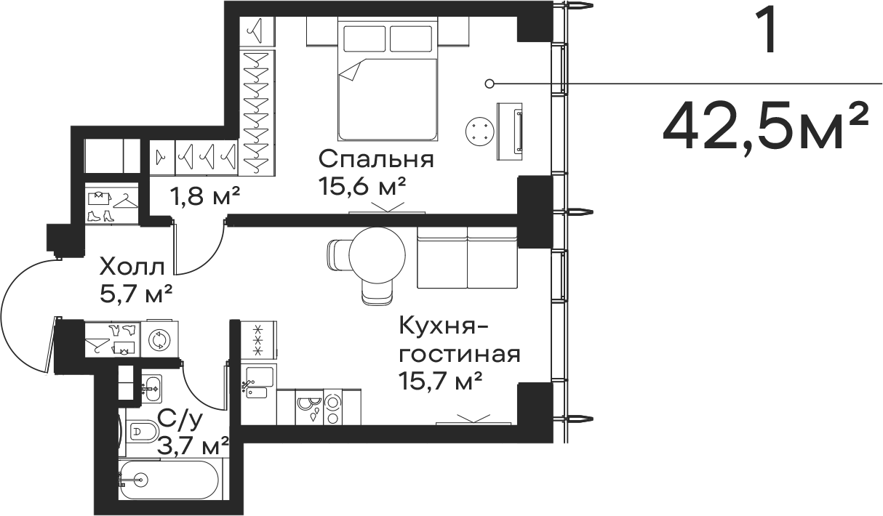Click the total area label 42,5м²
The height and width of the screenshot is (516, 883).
[765, 126]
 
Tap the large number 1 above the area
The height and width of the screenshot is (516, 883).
[767, 31]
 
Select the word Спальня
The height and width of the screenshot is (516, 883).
[376, 158]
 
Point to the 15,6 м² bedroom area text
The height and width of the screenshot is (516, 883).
[361, 187]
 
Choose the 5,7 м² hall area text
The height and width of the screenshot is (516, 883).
[136, 294]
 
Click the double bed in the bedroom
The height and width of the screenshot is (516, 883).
[388, 80]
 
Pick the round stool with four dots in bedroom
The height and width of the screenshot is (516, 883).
[479, 132]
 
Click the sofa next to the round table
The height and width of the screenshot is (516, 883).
[466, 259]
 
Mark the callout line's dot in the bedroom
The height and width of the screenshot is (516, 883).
[490, 84]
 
